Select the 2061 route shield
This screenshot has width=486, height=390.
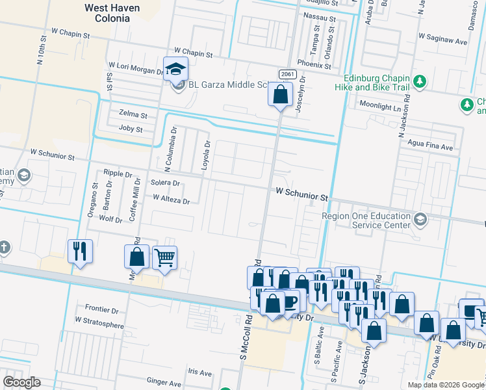[x=285, y=75]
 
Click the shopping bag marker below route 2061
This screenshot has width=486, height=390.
[x=280, y=95]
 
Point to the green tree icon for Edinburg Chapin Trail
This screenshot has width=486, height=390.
[x=420, y=81]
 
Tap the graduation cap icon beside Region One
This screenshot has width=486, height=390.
[x=420, y=220]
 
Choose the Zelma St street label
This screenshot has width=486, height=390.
[x=133, y=114]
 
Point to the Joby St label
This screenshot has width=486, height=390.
[x=131, y=129]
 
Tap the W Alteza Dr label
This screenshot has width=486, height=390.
[x=171, y=201]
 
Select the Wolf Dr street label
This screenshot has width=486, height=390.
[x=110, y=220]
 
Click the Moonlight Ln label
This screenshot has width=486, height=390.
[x=380, y=106]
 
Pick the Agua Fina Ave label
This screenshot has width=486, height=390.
[x=430, y=147]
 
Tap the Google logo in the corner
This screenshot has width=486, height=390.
[x=21, y=382]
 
